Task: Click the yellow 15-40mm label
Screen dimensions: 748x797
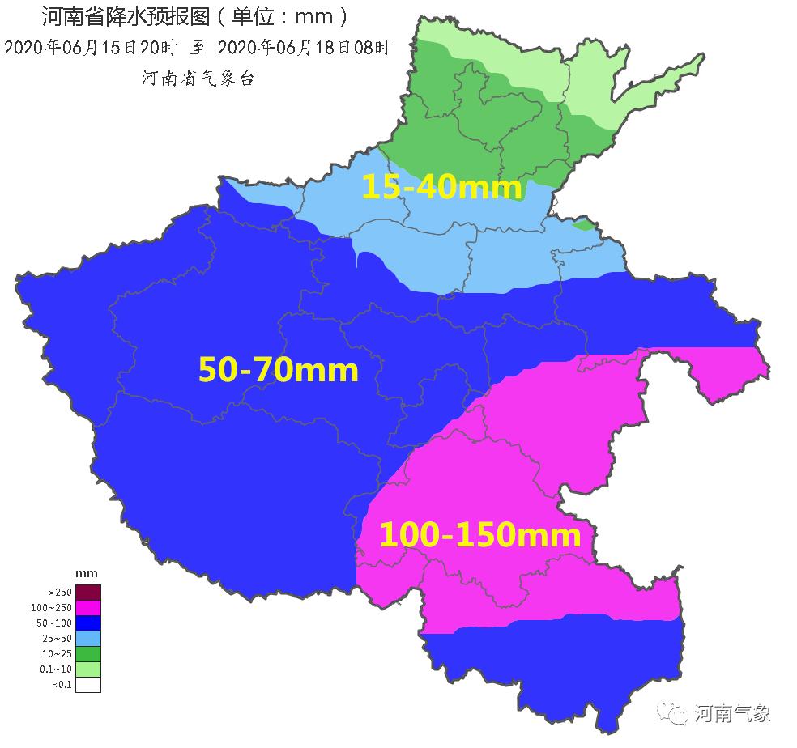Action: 441,187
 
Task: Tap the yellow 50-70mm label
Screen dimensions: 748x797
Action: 278,370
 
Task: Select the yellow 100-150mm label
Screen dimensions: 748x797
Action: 479,535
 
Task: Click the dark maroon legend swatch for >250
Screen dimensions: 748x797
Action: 88,592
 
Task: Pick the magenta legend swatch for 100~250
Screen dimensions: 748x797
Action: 88,607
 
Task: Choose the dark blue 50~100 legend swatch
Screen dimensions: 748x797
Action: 88,623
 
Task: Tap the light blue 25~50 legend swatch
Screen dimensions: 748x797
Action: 88,638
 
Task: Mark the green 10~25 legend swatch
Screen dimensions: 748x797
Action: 88,653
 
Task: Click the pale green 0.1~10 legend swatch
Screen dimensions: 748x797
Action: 88,669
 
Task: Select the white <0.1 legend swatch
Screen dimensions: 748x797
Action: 88,685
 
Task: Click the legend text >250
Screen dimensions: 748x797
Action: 59,592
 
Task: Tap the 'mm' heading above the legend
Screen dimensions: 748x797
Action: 86,574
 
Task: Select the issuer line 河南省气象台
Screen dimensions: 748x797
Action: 198,78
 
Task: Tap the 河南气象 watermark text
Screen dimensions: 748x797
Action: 733,713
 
